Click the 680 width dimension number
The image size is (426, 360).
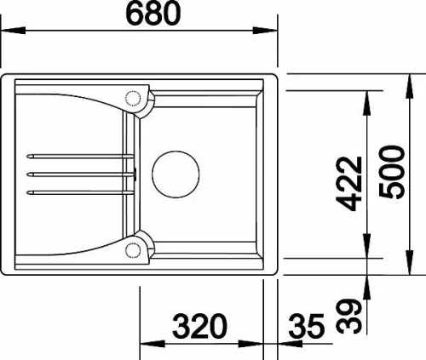(153, 14)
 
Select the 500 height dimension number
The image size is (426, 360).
(392, 173)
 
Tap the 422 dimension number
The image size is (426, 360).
(349, 184)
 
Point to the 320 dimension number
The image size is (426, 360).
(199, 326)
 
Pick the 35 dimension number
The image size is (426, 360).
(307, 326)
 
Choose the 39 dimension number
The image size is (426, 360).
(349, 317)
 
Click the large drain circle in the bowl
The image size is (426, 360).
(176, 174)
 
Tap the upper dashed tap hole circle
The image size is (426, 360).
(133, 99)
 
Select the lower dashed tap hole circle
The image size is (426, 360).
(133, 250)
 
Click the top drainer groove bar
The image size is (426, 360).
(80, 157)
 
